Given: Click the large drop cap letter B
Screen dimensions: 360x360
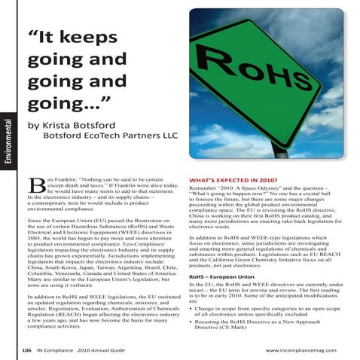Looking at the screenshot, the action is (x=35, y=187).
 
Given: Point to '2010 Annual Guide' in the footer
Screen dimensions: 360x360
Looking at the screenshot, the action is (x=108, y=351).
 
